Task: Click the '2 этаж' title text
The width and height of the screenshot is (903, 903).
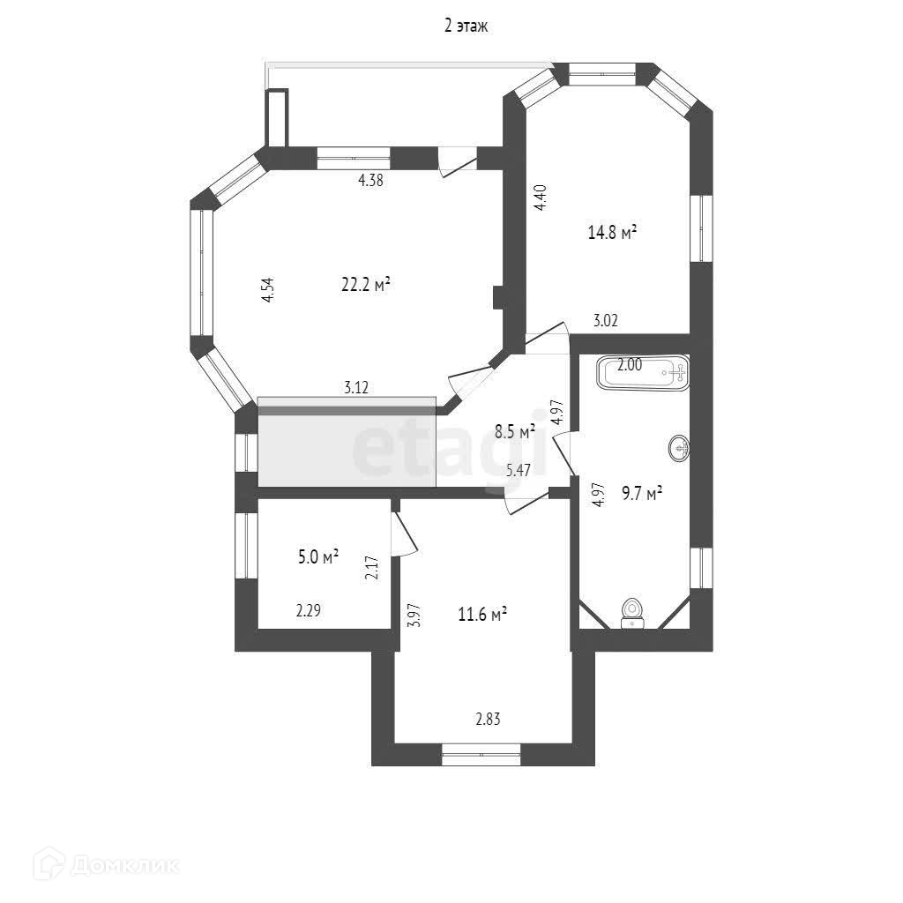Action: tap(466, 26)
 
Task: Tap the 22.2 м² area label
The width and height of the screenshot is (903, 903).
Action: tap(366, 285)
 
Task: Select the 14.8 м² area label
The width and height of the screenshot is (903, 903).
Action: tap(612, 233)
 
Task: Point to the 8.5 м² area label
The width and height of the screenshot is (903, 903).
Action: tap(515, 432)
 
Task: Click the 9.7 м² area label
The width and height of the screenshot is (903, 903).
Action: tap(641, 494)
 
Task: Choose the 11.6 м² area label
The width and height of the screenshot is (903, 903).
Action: tap(481, 615)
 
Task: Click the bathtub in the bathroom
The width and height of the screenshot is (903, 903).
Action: tap(643, 372)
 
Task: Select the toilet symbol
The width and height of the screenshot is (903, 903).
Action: tap(631, 611)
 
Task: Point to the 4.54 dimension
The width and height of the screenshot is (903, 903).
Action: tap(269, 291)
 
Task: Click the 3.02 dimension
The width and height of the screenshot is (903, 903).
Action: tap(605, 321)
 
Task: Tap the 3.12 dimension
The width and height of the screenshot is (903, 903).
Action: tap(356, 386)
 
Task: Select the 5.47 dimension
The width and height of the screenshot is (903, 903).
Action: tap(518, 470)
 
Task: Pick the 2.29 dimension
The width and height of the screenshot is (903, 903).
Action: tap(308, 609)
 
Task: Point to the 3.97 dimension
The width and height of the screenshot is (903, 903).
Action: tap(413, 614)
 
